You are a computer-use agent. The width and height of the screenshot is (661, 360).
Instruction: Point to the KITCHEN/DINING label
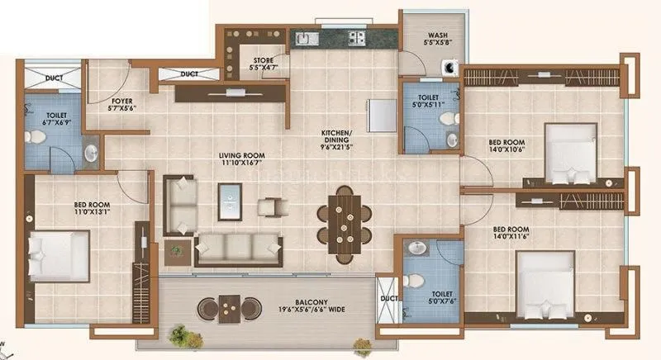336,138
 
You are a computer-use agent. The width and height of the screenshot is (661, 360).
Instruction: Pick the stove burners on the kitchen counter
356,37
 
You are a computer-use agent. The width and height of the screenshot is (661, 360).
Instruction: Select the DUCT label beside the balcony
385,298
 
